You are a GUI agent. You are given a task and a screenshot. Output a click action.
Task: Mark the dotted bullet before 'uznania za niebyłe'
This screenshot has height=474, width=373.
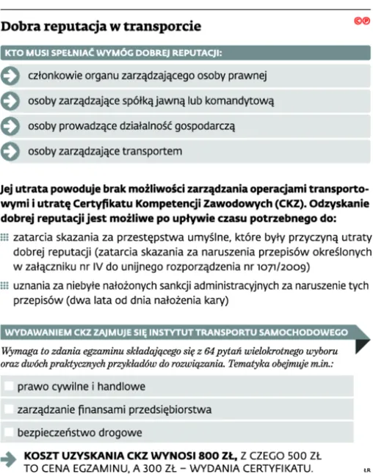click(x=6, y=287)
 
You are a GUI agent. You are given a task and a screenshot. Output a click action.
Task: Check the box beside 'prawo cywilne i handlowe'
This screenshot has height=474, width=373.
click(x=8, y=386)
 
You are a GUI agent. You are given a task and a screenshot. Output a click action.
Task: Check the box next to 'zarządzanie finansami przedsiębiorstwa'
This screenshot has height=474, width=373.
click(x=8, y=409)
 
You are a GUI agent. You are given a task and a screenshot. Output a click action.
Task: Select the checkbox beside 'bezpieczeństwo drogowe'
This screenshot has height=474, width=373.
click(x=8, y=432)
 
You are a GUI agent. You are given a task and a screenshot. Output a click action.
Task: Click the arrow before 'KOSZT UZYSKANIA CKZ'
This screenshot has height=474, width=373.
click(x=10, y=460)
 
